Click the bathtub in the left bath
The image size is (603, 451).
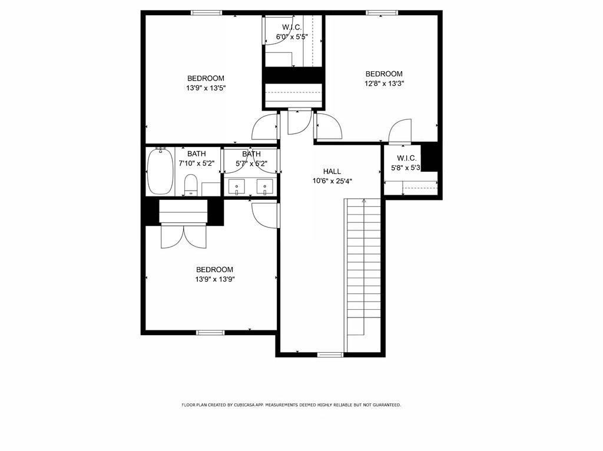pos(160,171)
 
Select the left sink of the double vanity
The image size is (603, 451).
pos(237,187)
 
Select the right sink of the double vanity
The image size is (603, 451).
pos(265,187)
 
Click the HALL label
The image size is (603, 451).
pos(332,171)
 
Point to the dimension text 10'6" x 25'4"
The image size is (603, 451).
pos(332,181)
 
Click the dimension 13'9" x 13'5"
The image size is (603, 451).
pos(206,88)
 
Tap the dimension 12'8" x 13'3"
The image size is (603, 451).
pos(384,83)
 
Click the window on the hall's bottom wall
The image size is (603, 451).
pos(330,355)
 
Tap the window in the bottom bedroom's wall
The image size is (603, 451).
pos(210,333)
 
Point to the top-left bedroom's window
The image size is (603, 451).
pos(206,12)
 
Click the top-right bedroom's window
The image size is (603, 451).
pos(382,12)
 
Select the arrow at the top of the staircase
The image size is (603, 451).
pos(364,201)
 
